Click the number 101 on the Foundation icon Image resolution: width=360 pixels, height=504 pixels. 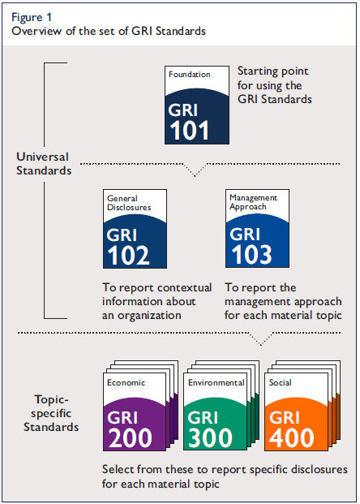(188, 130)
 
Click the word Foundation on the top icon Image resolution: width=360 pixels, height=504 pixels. (189, 75)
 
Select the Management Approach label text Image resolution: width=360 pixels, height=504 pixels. (252, 201)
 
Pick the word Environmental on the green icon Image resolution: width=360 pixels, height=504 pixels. (216, 382)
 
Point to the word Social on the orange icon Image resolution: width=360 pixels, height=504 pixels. (281, 382)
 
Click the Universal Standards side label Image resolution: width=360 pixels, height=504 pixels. (43, 163)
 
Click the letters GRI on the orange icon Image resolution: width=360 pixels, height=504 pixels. (285, 417)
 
